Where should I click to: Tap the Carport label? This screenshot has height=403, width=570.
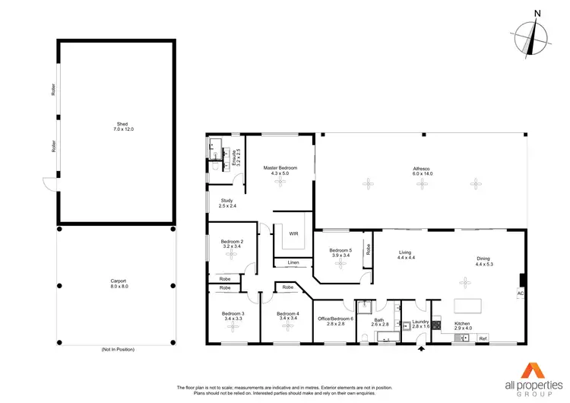(118, 283)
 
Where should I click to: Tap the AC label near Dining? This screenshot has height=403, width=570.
(520, 294)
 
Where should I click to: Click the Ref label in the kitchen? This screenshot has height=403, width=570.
(483, 338)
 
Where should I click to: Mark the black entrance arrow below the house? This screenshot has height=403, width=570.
(421, 350)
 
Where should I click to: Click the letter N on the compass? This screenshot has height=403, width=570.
(537, 13)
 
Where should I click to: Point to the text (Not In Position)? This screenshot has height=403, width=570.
(118, 350)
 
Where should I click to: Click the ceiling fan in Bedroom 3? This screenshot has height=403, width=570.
(233, 327)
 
